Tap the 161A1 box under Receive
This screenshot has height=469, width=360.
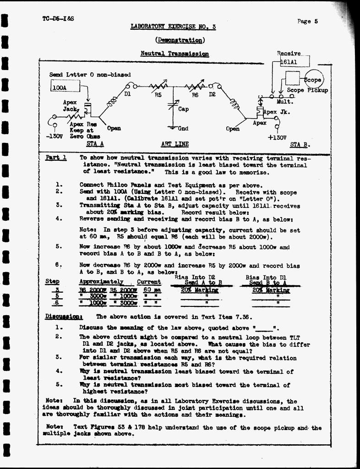(295, 61)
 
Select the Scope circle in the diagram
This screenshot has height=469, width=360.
(314, 79)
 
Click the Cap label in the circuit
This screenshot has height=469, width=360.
(183, 109)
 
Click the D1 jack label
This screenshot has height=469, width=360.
(128, 94)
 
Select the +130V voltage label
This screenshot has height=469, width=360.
(277, 136)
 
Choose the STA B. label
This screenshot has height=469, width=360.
(300, 145)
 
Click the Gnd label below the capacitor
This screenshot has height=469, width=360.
(183, 128)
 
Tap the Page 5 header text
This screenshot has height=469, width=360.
(307, 21)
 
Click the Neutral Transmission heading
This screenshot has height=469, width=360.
(175, 54)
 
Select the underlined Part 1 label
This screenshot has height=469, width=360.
(56, 158)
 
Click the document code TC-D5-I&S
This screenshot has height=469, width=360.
(58, 19)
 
